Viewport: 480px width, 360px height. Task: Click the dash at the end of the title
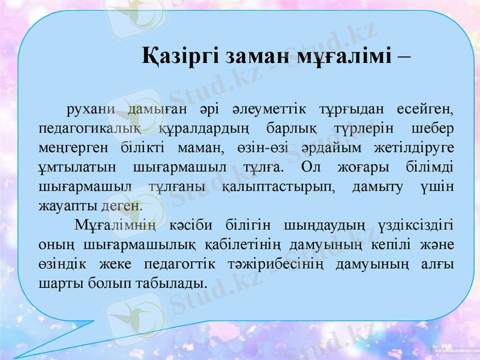tap(404, 56)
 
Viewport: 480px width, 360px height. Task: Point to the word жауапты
tap(67, 205)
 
